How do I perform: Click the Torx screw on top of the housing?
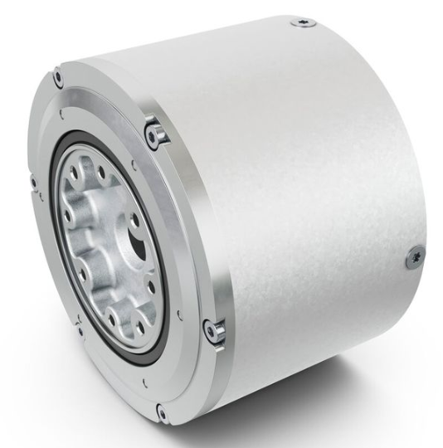[x=303, y=22]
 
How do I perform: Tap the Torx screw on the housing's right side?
[x=414, y=259]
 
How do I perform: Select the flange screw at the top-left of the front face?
[x=58, y=80]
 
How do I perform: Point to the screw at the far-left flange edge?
[x=34, y=182]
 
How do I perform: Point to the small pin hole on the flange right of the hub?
[x=179, y=314]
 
